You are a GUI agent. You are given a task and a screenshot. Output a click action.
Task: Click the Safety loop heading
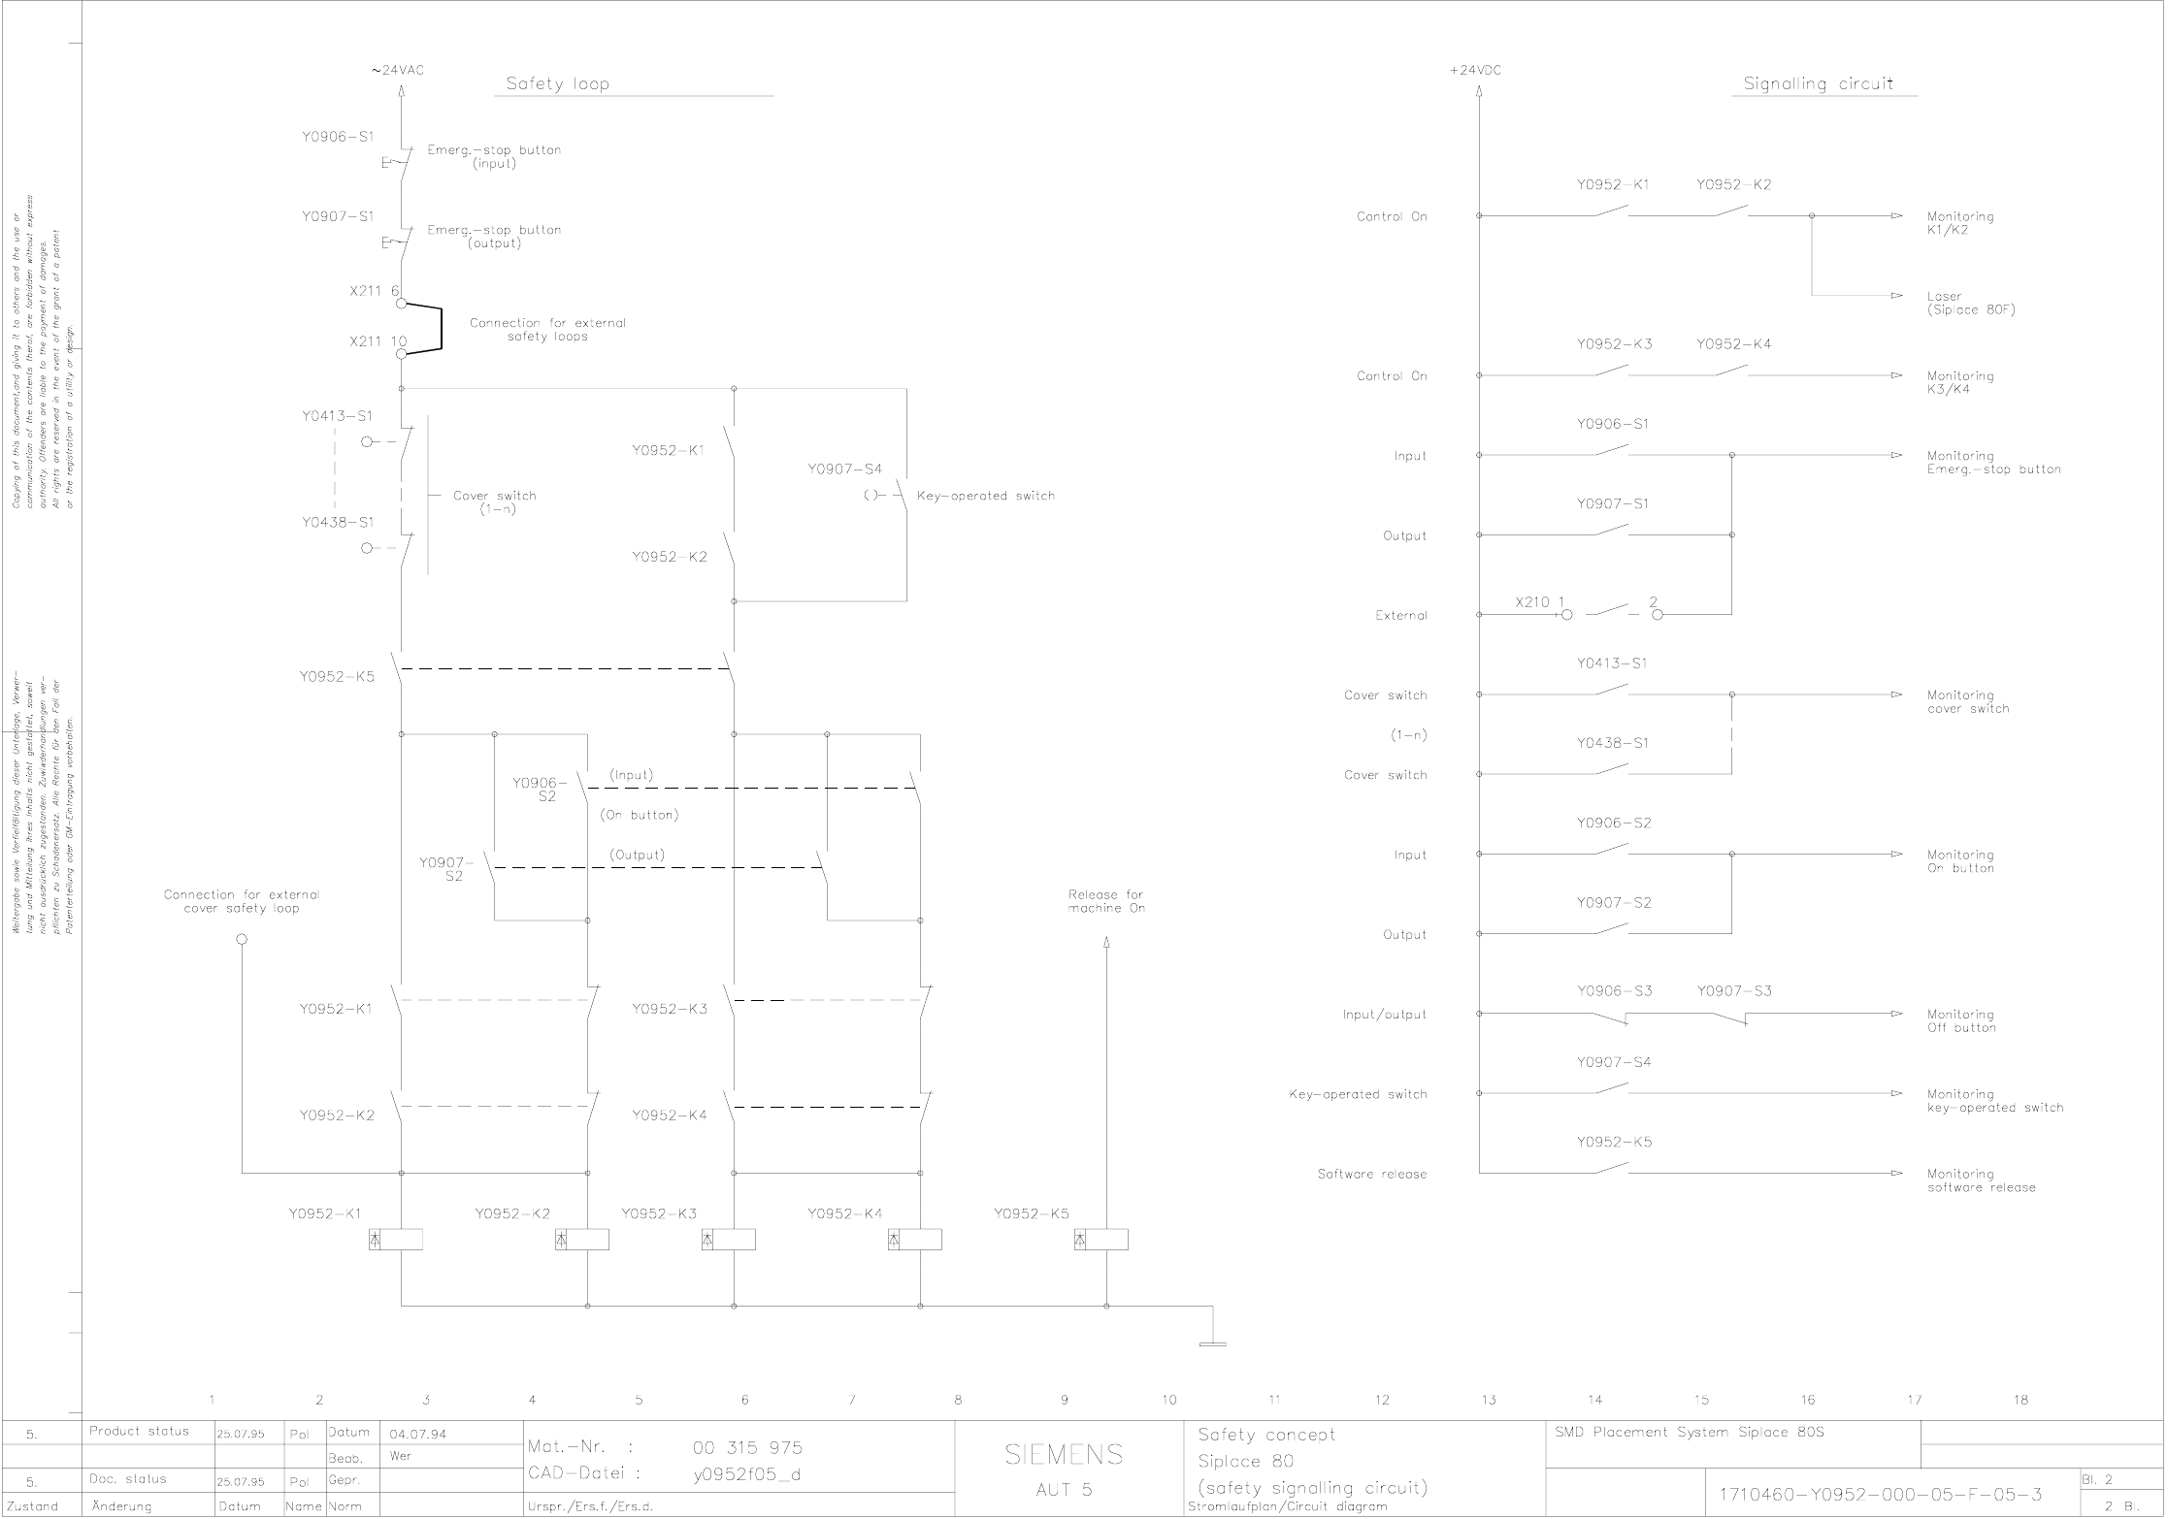[x=557, y=84]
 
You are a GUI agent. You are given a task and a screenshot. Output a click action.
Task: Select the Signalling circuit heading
[x=1818, y=84]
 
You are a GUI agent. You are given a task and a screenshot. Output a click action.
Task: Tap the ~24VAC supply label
[x=398, y=70]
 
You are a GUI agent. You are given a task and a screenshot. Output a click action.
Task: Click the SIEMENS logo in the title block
[x=1064, y=1453]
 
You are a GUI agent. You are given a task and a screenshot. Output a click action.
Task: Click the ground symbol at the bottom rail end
[x=1212, y=1343]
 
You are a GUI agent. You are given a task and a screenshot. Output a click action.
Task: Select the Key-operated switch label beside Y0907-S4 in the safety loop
[x=985, y=496]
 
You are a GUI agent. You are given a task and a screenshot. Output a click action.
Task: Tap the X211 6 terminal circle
[x=401, y=303]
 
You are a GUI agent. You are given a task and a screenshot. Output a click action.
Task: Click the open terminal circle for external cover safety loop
[x=242, y=939]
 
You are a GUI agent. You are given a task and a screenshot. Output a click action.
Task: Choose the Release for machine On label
[x=1106, y=901]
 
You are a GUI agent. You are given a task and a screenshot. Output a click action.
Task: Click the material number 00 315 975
[x=747, y=1447]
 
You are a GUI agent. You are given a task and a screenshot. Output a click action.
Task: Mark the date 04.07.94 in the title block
[x=417, y=1434]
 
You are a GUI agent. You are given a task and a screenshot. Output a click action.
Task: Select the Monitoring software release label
[x=1981, y=1180]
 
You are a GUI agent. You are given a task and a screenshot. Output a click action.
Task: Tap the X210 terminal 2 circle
[x=1657, y=614]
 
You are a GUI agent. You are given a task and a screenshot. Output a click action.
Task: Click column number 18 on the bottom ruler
[x=2020, y=1400]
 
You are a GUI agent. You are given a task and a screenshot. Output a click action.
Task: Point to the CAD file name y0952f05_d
[x=745, y=1473]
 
